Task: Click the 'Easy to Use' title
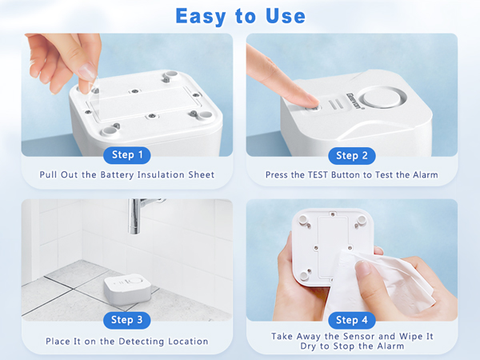[x=240, y=15]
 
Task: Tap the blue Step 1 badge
[x=127, y=155]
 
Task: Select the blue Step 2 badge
[x=352, y=155]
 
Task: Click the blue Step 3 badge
[x=127, y=320]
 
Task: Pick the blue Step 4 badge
[x=352, y=320]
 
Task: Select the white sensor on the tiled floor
[x=124, y=290]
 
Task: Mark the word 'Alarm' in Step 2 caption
[x=424, y=174]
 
